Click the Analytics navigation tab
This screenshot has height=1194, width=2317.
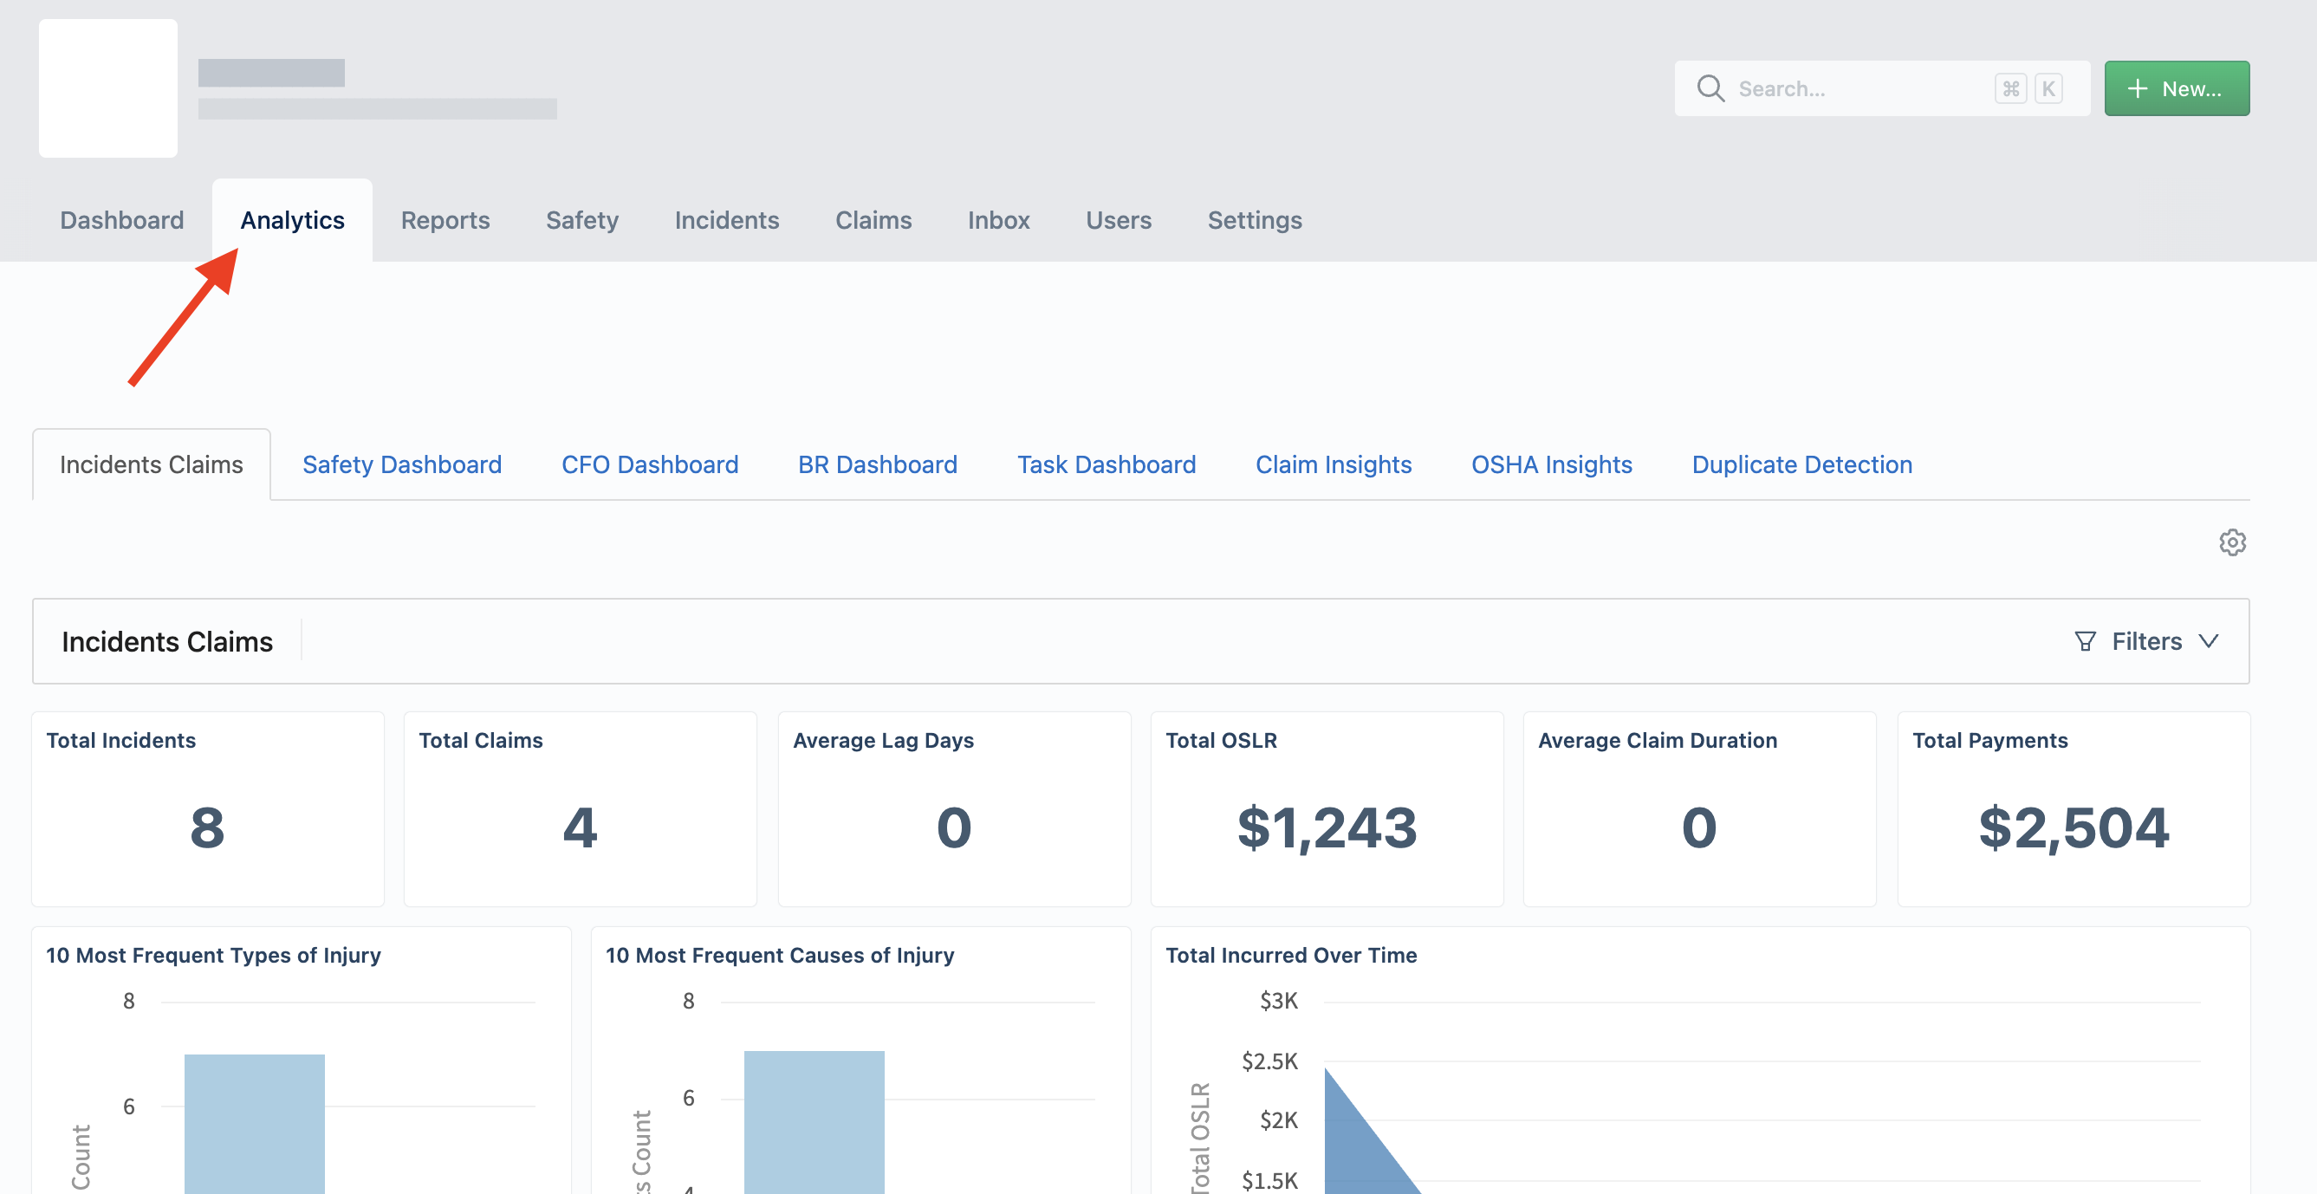292,220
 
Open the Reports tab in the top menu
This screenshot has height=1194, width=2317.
445,220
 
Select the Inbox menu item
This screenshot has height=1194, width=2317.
998,220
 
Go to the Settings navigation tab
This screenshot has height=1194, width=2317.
1255,220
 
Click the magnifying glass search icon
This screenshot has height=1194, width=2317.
1710,88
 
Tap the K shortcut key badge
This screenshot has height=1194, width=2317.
2048,88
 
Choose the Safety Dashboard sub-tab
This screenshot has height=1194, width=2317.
402,464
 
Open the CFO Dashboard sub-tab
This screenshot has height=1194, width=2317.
649,464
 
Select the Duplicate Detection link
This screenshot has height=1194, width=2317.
1801,464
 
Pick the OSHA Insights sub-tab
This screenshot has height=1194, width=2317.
1552,464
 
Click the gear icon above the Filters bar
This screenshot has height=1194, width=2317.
2231,542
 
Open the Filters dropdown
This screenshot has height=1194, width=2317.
2147,641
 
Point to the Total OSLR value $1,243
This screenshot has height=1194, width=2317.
1327,827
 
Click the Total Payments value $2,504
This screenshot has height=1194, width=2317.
2074,827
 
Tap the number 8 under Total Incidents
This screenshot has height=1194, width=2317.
207,827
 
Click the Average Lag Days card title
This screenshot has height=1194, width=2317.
883,741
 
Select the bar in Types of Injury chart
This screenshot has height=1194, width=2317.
255,1124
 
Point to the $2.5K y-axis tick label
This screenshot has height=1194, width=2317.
1269,1061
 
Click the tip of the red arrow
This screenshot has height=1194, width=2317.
237,250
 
